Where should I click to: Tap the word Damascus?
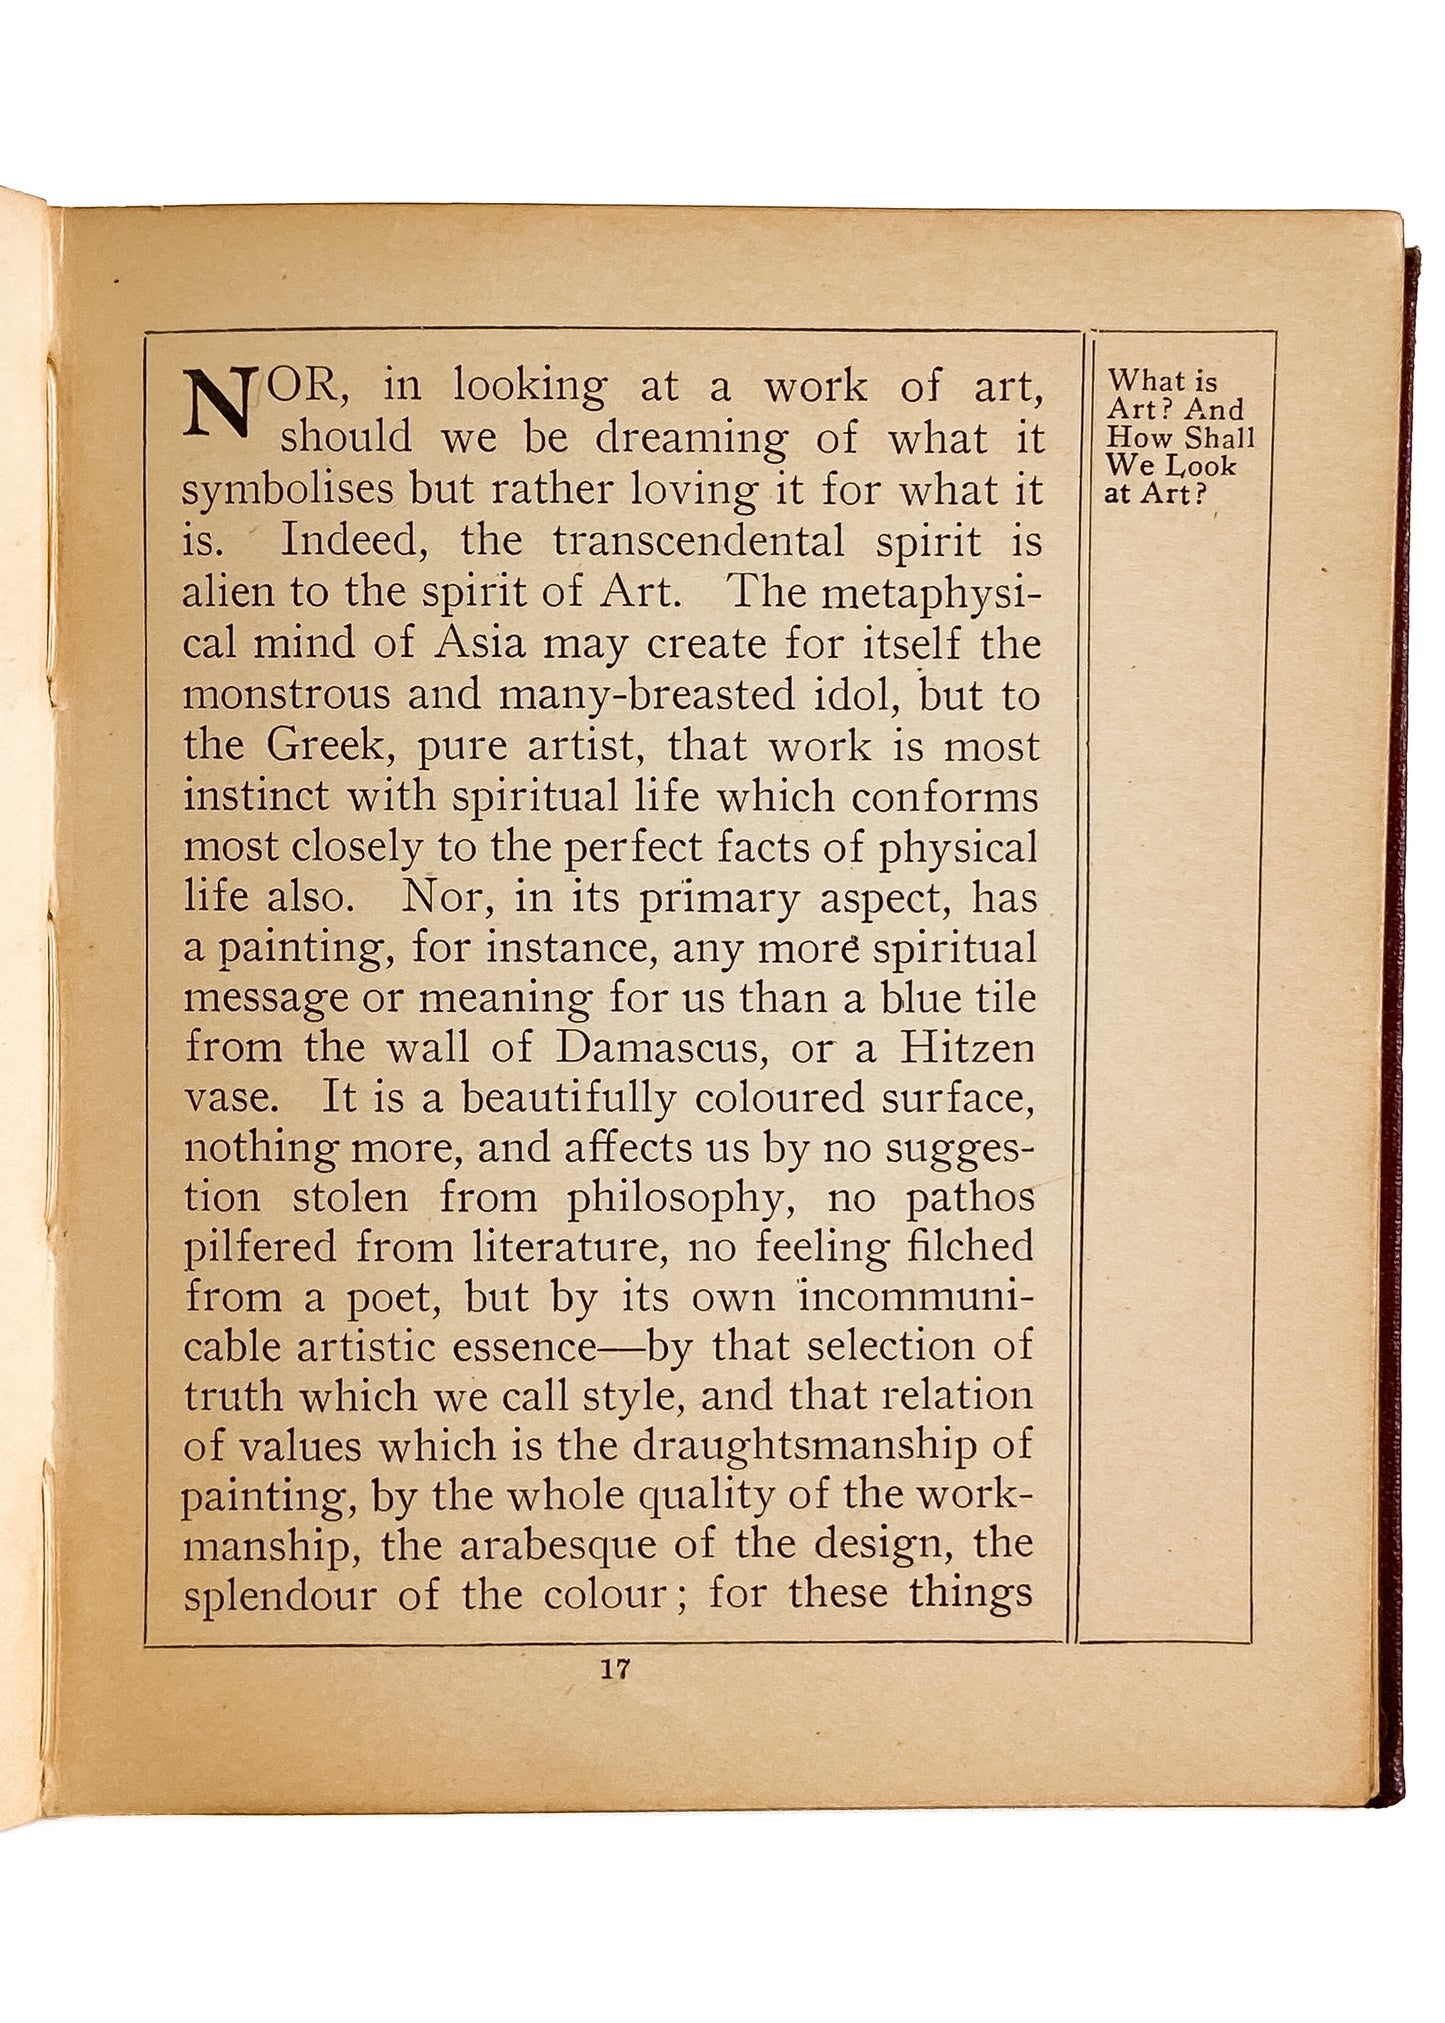(661, 1047)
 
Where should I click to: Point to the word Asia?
(479, 642)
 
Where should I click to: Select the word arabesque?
(554, 1545)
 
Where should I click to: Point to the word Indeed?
(350, 541)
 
